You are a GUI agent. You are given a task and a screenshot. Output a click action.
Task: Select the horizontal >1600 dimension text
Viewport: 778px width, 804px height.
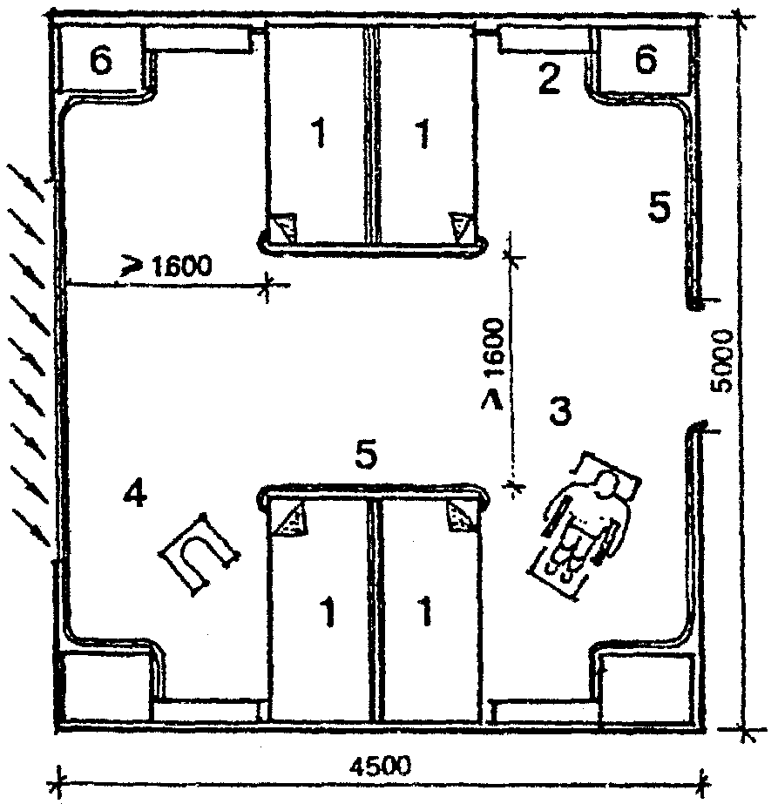click(171, 265)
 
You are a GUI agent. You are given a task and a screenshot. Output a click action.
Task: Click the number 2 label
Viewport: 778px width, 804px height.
click(548, 80)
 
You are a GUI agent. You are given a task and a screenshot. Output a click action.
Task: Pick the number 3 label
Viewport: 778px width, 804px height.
click(559, 410)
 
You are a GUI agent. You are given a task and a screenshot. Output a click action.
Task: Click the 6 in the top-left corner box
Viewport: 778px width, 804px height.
click(103, 62)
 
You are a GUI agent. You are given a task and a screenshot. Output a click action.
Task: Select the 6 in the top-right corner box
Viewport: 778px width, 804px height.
click(646, 62)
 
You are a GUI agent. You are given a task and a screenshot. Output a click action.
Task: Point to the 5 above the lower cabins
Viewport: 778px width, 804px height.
click(368, 455)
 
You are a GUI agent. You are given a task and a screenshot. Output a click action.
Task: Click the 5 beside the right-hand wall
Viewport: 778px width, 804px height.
click(660, 208)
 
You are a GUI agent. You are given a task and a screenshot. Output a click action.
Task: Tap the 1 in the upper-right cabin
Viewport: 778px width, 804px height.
click(423, 136)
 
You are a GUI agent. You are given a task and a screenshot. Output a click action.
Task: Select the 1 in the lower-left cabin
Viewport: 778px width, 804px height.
click(328, 615)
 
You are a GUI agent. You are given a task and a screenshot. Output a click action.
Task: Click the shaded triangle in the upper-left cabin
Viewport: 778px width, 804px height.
click(285, 228)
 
